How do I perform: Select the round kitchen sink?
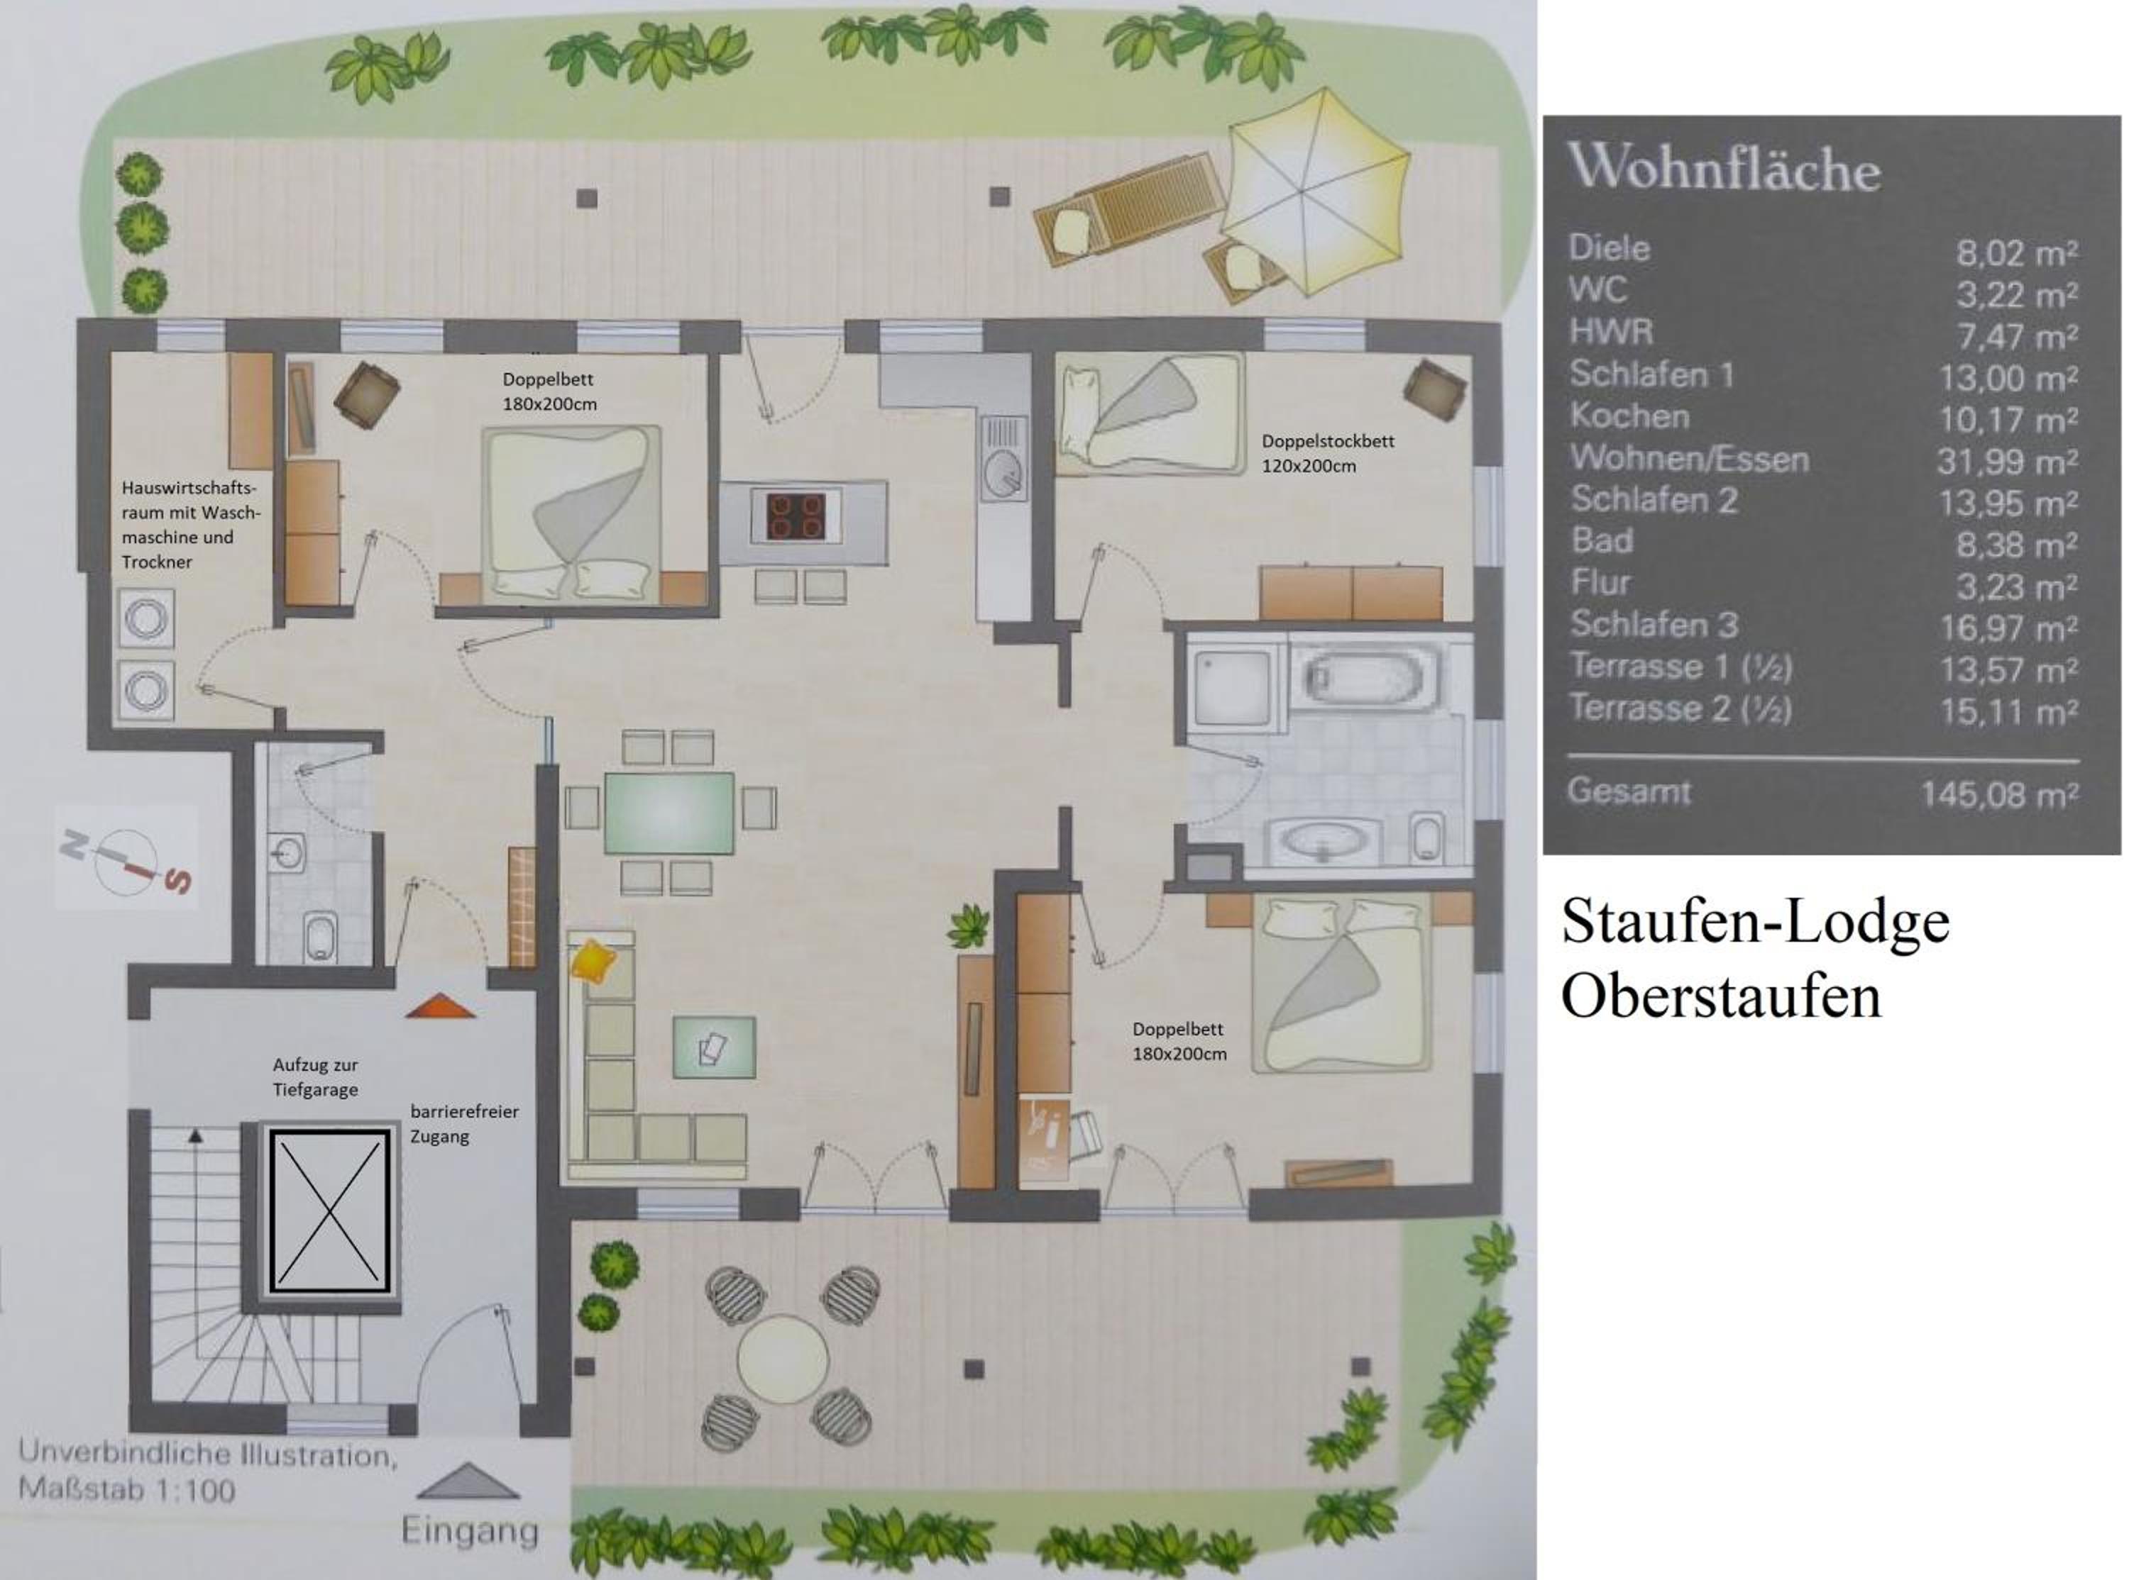coord(1003,472)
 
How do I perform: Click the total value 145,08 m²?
coord(1999,795)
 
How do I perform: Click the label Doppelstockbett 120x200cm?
coord(1327,453)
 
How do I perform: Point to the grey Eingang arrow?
coord(469,1481)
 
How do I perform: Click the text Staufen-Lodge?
coord(1755,922)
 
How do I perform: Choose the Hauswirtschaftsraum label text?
coord(189,524)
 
